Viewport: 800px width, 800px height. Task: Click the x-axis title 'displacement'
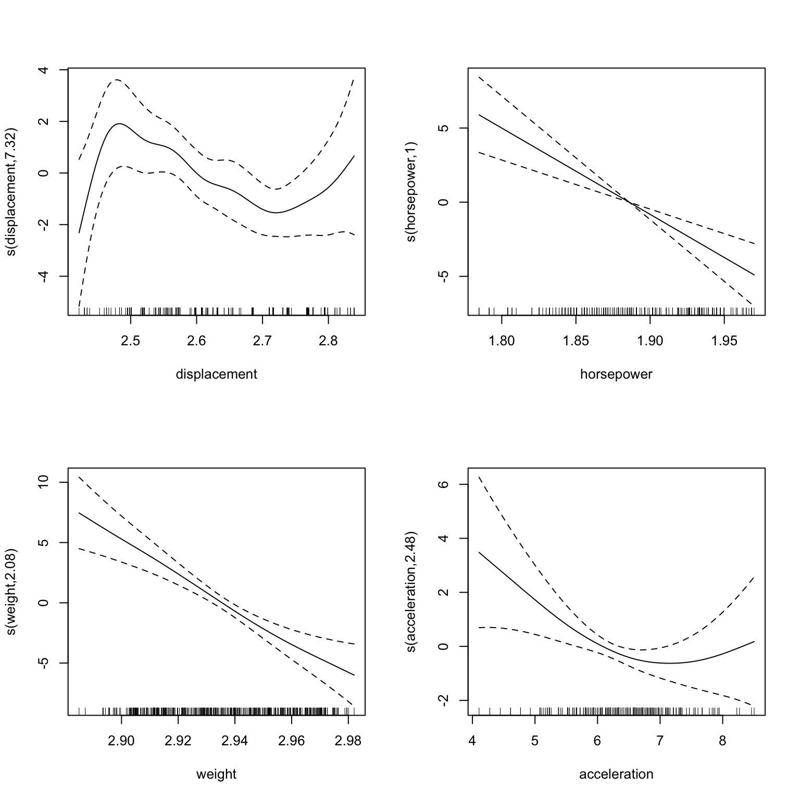[x=216, y=374]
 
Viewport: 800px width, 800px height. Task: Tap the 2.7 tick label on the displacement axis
[x=262, y=341]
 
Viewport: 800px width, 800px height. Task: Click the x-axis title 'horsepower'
[x=616, y=374]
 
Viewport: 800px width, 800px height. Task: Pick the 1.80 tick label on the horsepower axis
[x=502, y=341]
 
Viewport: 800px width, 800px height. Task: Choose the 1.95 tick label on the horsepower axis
[x=724, y=341]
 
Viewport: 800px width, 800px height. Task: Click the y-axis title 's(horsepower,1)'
[x=411, y=192]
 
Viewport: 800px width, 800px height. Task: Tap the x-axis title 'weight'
[x=216, y=774]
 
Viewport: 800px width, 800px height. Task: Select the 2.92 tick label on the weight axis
[x=178, y=741]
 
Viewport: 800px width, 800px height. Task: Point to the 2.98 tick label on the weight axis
[x=348, y=741]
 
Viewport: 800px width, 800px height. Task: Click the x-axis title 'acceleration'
[x=616, y=774]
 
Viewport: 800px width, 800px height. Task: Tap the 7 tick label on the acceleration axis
[x=660, y=741]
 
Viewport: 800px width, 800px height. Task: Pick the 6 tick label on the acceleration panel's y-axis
[x=444, y=484]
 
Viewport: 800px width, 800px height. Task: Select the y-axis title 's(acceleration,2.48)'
[x=411, y=592]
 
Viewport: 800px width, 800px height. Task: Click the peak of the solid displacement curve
[x=119, y=123]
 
